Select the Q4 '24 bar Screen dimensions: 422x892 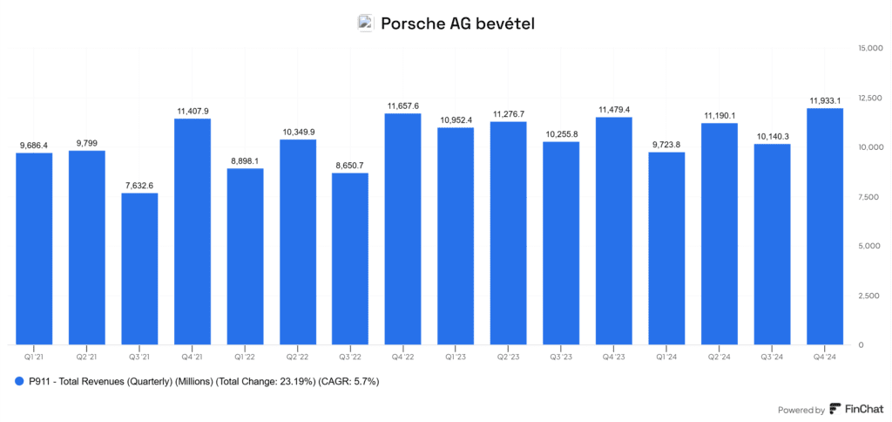pyautogui.click(x=825, y=226)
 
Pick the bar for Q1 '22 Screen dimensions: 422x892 pyautogui.click(x=245, y=256)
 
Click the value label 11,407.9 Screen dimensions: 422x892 pyautogui.click(x=193, y=111)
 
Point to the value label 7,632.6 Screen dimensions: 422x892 pyautogui.click(x=139, y=185)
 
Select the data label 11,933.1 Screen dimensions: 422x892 pyautogui.click(x=825, y=100)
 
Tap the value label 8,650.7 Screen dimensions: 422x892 pyautogui.click(x=350, y=165)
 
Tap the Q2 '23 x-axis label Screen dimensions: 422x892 pyautogui.click(x=509, y=357)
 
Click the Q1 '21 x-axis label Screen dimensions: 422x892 pyautogui.click(x=34, y=357)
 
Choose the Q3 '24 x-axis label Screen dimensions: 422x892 pyautogui.click(x=773, y=357)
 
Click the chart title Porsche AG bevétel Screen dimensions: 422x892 pyautogui.click(x=457, y=24)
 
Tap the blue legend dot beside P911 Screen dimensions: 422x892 pyautogui.click(x=19, y=381)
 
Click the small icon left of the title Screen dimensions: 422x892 pyautogui.click(x=366, y=24)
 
